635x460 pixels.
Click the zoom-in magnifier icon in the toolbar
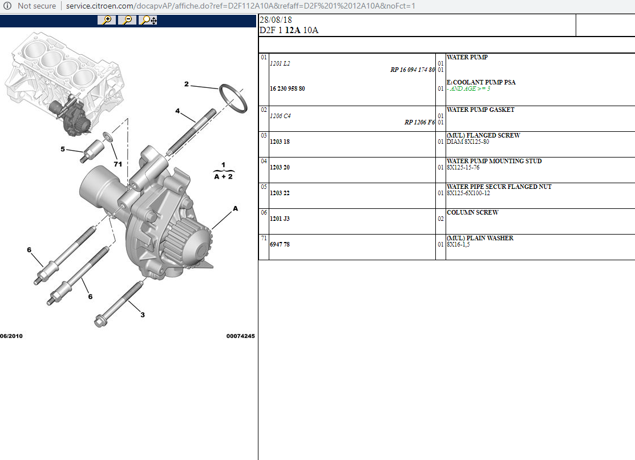[106, 21]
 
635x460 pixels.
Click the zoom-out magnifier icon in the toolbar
[127, 21]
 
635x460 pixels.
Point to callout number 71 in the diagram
[118, 164]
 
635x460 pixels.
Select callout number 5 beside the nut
[63, 150]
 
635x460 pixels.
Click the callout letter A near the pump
[235, 209]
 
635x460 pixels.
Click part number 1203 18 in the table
[280, 142]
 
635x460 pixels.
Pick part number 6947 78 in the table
[280, 244]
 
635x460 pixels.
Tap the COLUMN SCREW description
[472, 212]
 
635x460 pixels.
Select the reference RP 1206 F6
[420, 122]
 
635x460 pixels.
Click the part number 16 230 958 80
[287, 89]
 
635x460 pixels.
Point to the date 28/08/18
[272, 20]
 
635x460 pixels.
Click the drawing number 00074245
[240, 336]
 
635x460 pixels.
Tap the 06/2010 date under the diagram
[11, 336]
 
